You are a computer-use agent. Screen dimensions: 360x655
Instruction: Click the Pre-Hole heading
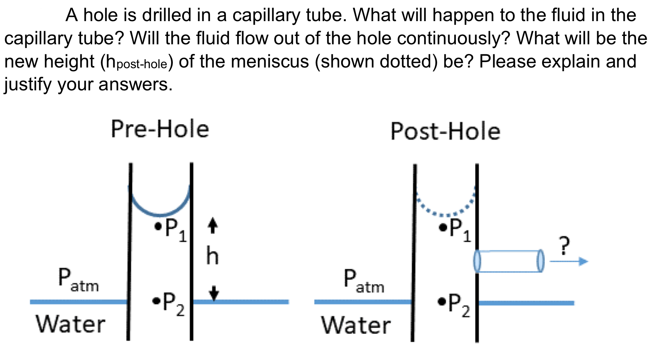click(160, 129)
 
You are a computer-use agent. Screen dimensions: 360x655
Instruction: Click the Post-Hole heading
click(445, 132)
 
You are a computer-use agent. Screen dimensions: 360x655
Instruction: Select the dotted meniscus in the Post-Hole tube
click(445, 214)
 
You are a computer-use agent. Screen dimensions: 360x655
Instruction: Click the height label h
click(212, 256)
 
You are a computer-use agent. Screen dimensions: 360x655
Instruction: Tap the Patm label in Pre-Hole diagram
click(78, 280)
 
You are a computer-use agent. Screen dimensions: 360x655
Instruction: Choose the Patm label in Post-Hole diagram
click(363, 281)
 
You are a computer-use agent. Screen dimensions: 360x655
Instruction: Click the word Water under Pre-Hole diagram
click(70, 324)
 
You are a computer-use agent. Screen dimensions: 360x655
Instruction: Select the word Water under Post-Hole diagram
click(356, 325)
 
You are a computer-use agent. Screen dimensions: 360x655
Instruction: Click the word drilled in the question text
click(167, 15)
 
